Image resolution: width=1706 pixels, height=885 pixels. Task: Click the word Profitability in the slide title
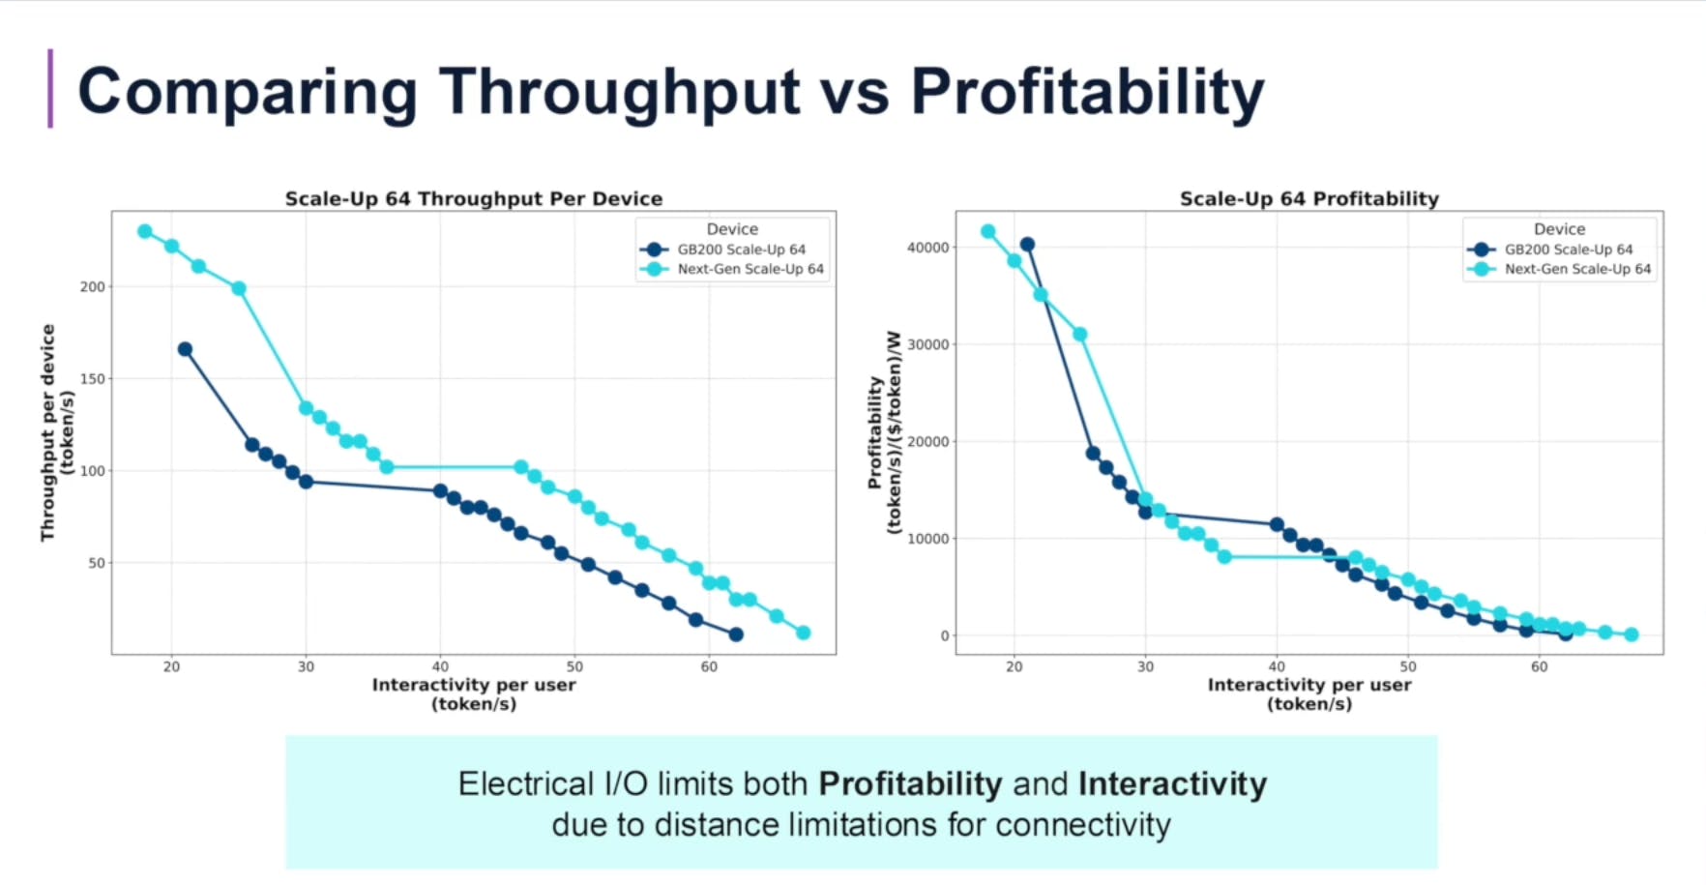(1087, 93)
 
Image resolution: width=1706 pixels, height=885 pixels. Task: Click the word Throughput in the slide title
(619, 93)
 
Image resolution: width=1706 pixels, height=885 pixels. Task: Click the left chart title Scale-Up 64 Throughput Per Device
(474, 198)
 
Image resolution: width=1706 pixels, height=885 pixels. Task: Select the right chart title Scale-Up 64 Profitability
(1309, 198)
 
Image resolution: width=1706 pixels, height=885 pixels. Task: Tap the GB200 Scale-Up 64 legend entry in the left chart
(740, 250)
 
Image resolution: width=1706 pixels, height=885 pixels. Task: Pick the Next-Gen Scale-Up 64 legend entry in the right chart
(1576, 269)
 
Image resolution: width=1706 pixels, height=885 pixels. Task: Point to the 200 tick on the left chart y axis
(93, 286)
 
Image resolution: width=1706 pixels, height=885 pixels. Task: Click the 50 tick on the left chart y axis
(97, 563)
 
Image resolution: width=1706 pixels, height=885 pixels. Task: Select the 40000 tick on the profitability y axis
(927, 248)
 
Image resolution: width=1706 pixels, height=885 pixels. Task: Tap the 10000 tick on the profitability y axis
(927, 539)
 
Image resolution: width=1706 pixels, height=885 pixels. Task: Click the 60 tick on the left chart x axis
(709, 666)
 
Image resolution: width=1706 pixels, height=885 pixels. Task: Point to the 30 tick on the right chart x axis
(1145, 666)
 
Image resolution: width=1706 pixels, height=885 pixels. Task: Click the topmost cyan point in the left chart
(145, 231)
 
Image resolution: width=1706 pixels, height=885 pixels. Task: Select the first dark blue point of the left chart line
(185, 349)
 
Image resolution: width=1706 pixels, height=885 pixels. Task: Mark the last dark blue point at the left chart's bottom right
(736, 634)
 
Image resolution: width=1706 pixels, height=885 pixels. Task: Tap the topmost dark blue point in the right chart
(1027, 245)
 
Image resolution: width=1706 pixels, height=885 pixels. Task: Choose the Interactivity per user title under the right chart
(1309, 685)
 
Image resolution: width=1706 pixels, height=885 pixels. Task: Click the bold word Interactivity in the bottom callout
(1172, 783)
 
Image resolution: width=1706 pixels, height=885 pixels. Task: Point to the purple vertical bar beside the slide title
(50, 88)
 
